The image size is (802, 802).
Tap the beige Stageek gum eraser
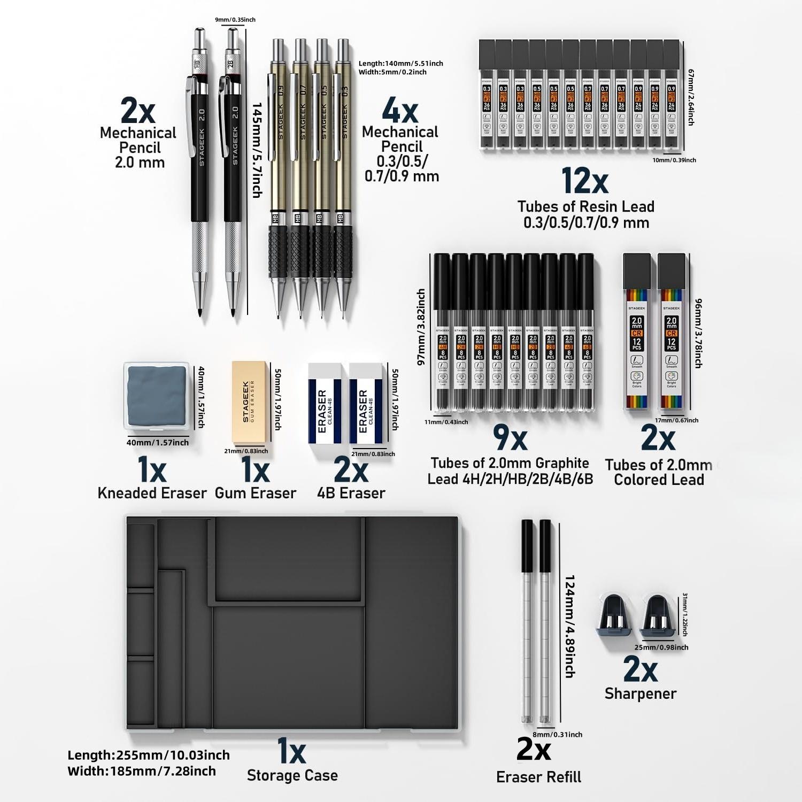coord(249,402)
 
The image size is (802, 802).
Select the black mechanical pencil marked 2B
coord(233,160)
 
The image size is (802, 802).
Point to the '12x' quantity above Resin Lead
coord(585,181)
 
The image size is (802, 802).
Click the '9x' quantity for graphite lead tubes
coord(510,438)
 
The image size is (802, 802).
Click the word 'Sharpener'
coord(641,693)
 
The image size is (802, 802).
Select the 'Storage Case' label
coord(292,775)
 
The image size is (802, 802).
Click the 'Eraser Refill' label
coord(538,777)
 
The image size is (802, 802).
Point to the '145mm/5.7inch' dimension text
coord(257,150)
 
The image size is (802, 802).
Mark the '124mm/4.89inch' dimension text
coord(570,626)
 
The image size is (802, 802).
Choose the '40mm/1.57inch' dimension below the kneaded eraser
coord(158,442)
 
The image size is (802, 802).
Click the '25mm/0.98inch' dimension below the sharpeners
coord(661,647)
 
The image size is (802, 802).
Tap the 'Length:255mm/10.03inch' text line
coord(149,755)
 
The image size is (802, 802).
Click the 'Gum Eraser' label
coord(256,493)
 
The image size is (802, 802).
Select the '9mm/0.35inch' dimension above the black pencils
coord(235,20)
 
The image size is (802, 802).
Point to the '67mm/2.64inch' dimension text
coord(691,97)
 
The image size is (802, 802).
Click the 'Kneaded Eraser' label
coord(152,493)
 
